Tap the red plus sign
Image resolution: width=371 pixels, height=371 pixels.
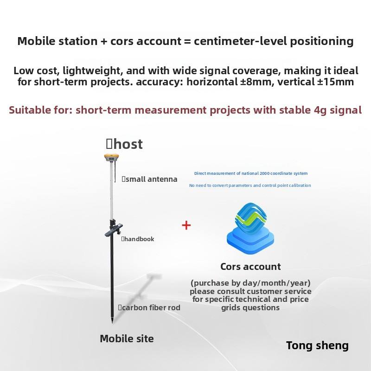pos(186,225)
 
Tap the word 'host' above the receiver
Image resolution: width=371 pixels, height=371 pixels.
pos(128,144)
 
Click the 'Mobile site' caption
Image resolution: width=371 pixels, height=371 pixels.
pos(127,339)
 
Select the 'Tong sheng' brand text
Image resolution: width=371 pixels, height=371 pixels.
pos(317,345)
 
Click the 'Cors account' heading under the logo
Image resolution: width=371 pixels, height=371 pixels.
pos(250,267)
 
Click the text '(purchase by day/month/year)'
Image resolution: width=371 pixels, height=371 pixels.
pos(250,283)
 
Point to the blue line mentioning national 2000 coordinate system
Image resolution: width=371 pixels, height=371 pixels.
pos(250,173)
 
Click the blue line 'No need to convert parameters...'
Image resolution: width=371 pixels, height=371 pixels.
pos(250,185)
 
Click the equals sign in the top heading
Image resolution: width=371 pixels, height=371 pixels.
pos(187,41)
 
